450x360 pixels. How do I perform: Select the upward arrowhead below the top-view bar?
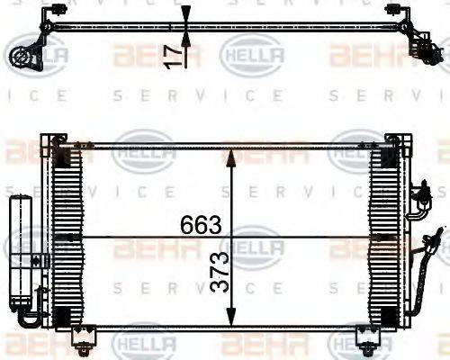tap(185, 39)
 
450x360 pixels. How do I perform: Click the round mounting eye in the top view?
tap(20, 57)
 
